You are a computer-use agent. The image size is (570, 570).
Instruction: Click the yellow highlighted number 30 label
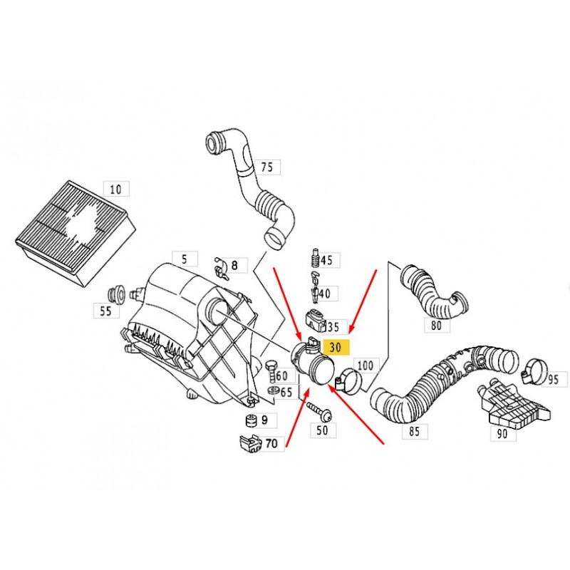click(x=336, y=347)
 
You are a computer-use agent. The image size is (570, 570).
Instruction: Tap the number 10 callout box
click(x=115, y=189)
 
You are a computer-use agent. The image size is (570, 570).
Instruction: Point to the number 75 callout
click(x=266, y=167)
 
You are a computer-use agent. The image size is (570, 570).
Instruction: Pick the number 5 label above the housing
click(x=184, y=259)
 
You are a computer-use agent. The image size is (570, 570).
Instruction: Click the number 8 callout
click(x=234, y=266)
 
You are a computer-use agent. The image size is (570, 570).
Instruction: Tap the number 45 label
click(x=326, y=260)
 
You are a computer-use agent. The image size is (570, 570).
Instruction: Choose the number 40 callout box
click(x=324, y=293)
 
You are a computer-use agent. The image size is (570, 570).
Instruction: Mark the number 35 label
click(x=333, y=327)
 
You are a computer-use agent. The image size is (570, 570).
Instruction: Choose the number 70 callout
click(x=271, y=443)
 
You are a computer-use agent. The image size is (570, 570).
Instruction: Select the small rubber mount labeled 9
click(x=250, y=419)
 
